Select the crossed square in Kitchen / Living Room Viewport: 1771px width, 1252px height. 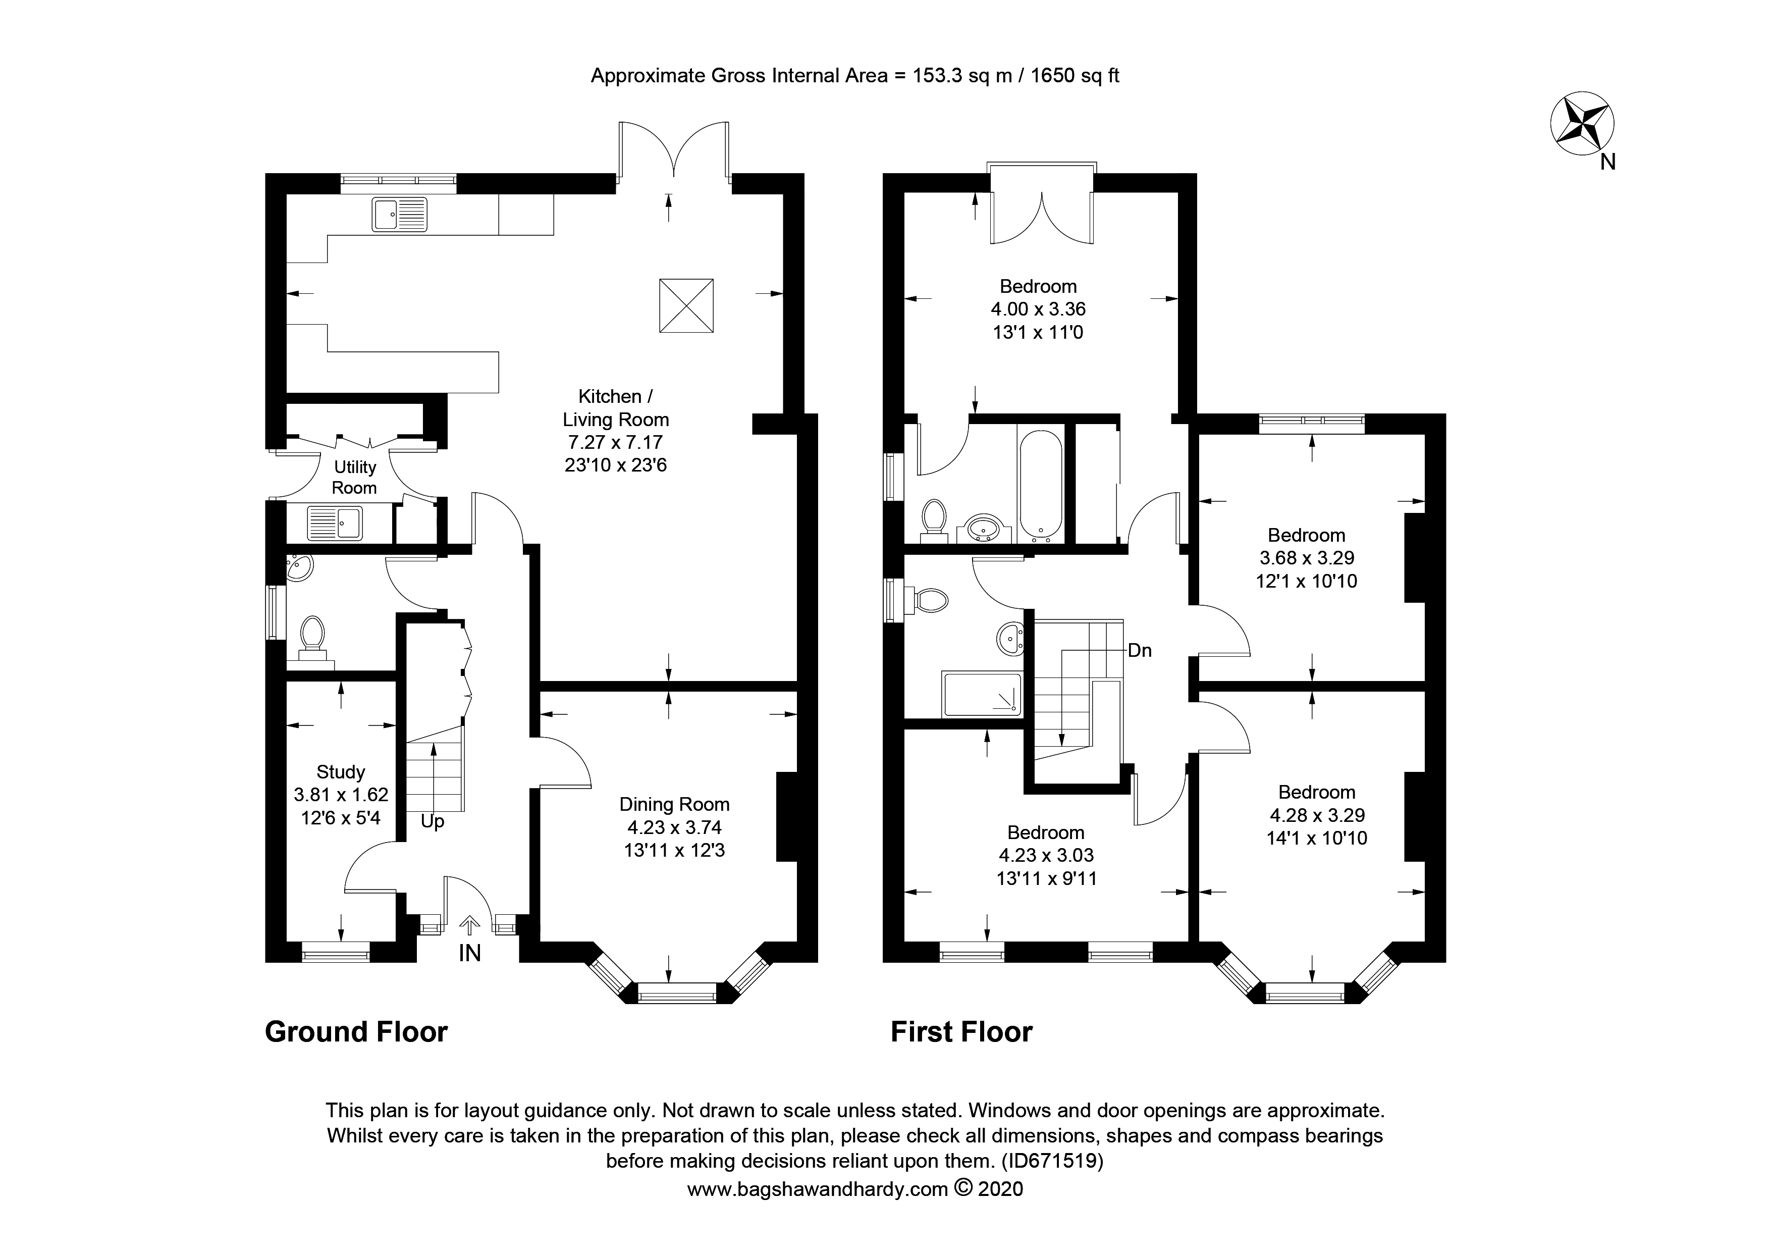coord(686,305)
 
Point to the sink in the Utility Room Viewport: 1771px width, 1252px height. coord(335,522)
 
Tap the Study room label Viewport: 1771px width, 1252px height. coord(341,772)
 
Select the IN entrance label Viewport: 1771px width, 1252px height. coord(470,954)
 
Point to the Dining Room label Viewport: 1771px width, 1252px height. coord(674,805)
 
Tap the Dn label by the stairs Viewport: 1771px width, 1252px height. coord(1140,650)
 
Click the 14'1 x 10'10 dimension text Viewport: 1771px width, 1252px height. coord(1317,838)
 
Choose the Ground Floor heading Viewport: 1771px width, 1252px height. coord(356,1032)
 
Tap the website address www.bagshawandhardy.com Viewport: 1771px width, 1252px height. coord(818,1189)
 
